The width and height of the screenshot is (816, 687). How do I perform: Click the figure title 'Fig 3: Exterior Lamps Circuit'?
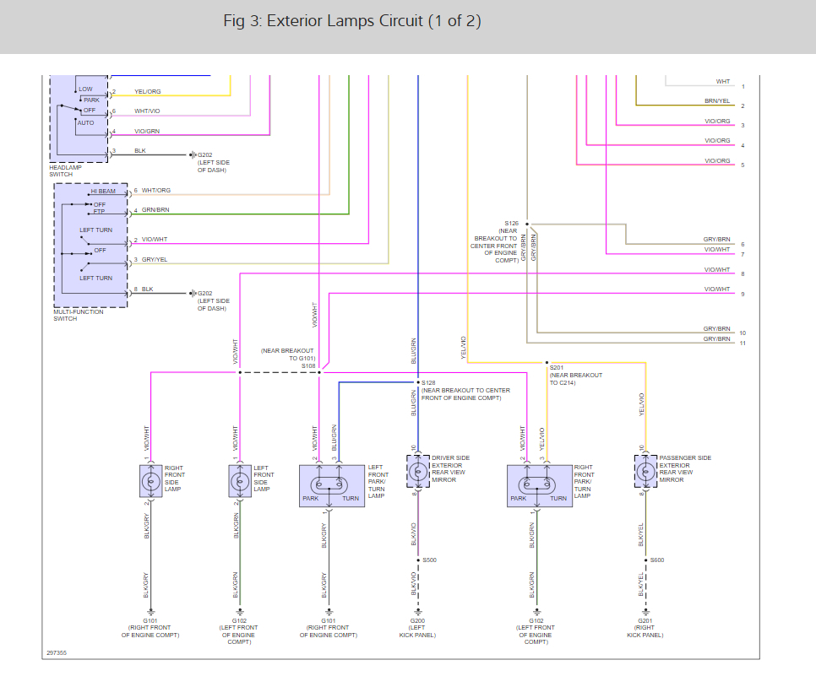(352, 21)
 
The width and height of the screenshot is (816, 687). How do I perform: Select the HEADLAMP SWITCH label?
(68, 170)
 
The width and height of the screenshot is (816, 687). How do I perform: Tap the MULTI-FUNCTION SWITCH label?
(77, 315)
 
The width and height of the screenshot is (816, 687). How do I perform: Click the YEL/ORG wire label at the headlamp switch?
(147, 92)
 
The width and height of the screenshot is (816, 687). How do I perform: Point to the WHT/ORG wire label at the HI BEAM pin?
(155, 191)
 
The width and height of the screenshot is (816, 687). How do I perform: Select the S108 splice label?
(307, 366)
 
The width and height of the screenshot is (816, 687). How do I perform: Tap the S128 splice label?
(428, 382)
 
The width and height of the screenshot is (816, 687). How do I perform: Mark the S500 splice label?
(429, 560)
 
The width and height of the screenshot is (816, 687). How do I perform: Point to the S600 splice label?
(656, 560)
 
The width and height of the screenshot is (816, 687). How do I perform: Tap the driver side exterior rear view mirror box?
(418, 471)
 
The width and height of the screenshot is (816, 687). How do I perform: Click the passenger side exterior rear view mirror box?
(646, 471)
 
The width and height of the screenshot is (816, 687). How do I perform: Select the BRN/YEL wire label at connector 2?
(716, 101)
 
